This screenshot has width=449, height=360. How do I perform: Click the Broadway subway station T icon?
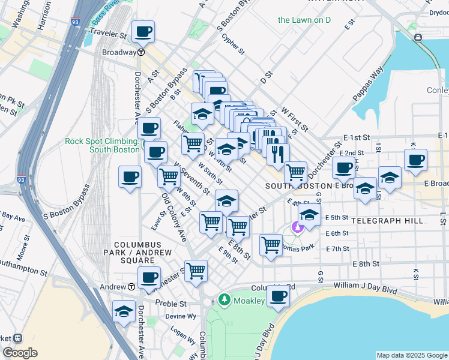[x=140, y=52]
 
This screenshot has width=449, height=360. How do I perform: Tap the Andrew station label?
[x=112, y=287]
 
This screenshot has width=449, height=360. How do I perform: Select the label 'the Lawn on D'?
[x=304, y=20]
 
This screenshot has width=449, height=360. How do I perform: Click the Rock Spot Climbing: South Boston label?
[x=102, y=145]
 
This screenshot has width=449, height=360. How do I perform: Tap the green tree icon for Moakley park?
[x=224, y=299]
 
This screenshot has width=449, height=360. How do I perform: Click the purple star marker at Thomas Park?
[x=295, y=227]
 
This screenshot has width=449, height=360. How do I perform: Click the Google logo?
[x=20, y=353]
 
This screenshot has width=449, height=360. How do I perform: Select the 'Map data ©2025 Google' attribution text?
[x=411, y=355]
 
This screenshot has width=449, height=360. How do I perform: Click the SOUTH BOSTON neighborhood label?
[x=295, y=187]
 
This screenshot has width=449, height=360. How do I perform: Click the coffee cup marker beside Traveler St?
[x=143, y=31]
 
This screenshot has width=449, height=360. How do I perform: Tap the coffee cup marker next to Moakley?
[x=278, y=296]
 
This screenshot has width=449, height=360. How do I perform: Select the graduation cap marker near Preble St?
[x=124, y=311]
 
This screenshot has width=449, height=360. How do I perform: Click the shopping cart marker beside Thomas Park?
[x=271, y=244]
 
